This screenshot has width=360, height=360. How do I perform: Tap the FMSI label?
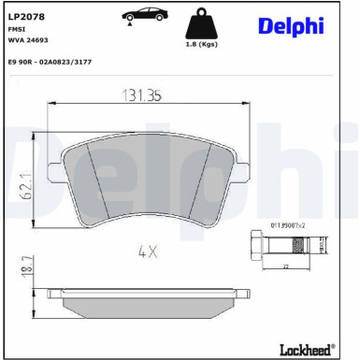click(16, 29)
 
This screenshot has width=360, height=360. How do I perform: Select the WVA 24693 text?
click(28, 42)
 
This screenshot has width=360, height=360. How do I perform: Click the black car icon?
click(141, 16)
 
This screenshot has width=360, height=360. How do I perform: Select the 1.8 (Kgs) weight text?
click(202, 43)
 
